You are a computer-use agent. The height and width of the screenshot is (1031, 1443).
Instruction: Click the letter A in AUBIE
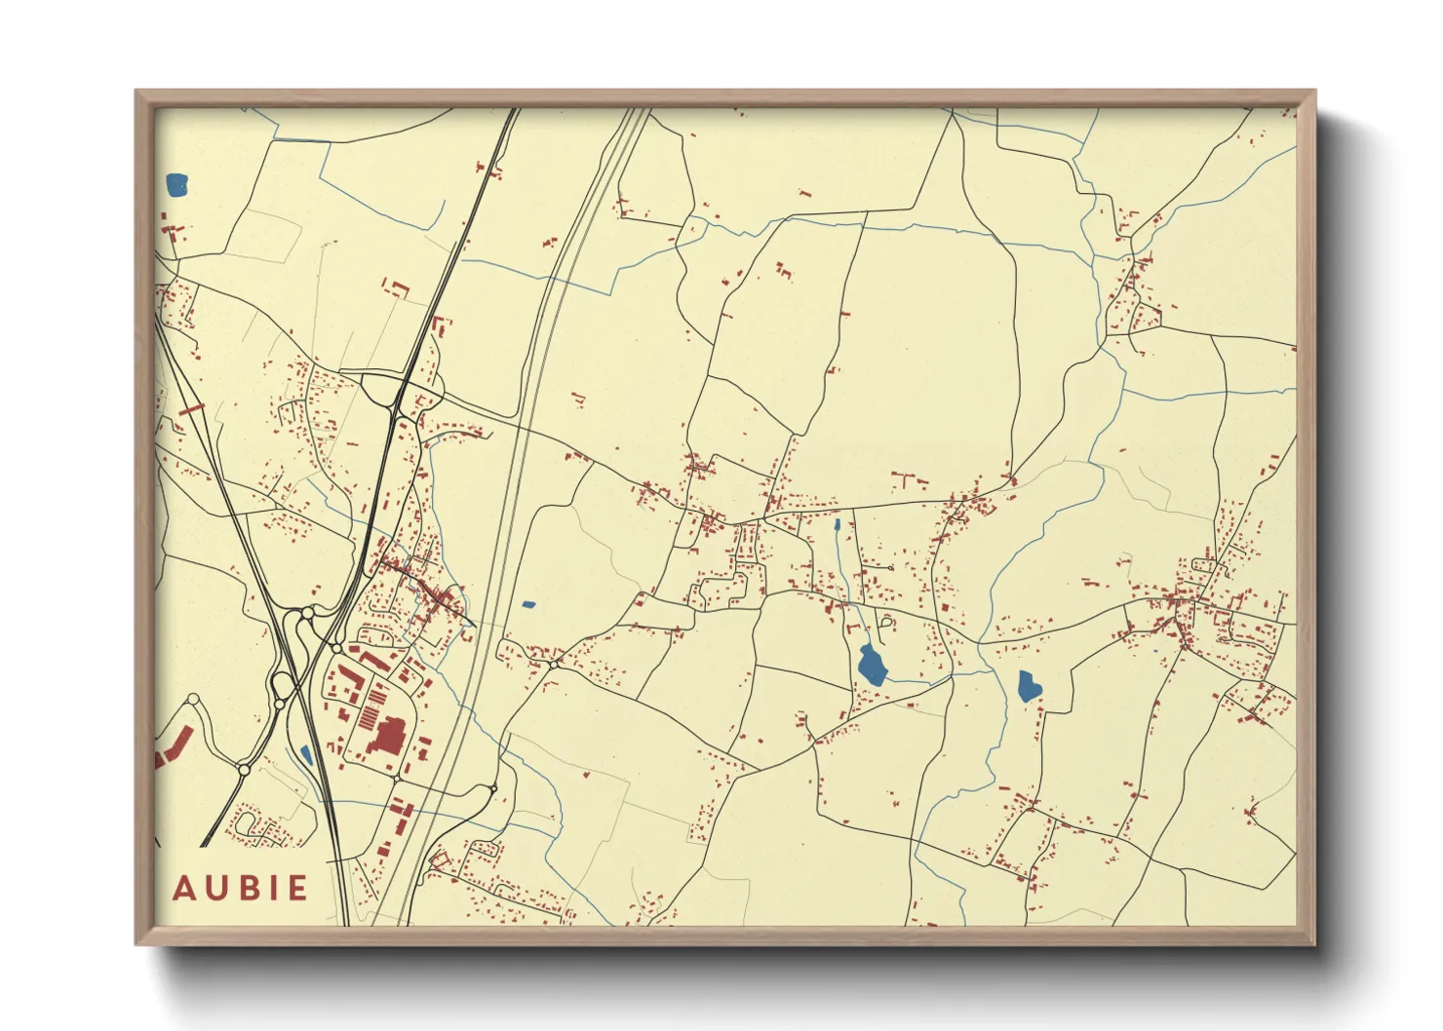click(184, 889)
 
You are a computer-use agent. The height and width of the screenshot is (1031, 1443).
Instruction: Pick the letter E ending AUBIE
click(295, 889)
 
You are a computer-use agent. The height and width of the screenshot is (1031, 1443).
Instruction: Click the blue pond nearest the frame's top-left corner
click(176, 184)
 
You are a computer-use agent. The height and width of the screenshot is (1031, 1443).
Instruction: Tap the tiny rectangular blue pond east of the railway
click(528, 604)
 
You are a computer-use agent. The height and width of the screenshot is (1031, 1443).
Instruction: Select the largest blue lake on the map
click(872, 665)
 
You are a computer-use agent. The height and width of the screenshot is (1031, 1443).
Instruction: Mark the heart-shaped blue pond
click(1029, 687)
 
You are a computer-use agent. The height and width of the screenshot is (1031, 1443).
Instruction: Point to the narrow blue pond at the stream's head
click(837, 525)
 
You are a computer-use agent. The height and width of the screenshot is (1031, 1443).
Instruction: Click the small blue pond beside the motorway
click(306, 754)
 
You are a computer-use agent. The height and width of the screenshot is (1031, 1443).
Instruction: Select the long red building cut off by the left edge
click(173, 746)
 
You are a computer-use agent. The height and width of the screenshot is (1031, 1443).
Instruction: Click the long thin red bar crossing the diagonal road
click(190, 409)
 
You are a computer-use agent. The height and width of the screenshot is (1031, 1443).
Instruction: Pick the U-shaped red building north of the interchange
click(397, 287)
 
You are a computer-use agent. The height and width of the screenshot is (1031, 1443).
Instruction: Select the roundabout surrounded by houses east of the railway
click(554, 664)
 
